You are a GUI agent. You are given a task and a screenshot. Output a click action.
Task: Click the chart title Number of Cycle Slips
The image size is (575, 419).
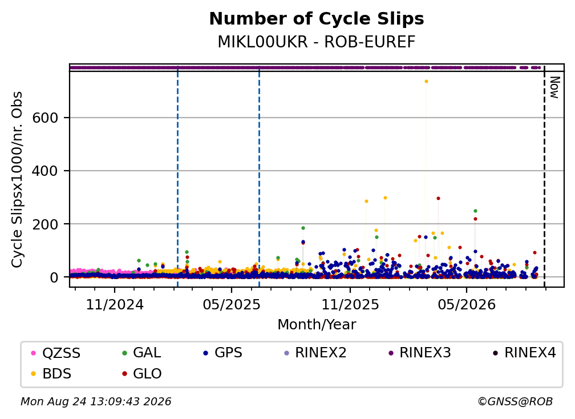click(x=317, y=19)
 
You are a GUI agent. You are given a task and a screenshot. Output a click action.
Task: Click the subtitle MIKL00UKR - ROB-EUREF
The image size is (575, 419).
click(x=317, y=42)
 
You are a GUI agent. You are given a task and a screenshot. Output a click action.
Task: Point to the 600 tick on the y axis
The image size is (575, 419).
click(x=45, y=118)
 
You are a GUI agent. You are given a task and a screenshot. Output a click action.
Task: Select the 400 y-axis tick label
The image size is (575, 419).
click(x=45, y=171)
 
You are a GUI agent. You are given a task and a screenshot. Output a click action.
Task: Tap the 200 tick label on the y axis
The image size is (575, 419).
click(x=45, y=224)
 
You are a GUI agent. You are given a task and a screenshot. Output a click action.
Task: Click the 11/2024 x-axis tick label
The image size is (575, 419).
click(x=115, y=304)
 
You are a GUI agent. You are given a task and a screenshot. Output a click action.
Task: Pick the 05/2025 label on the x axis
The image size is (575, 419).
click(x=232, y=304)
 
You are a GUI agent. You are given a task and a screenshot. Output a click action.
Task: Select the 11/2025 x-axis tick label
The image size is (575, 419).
click(x=350, y=304)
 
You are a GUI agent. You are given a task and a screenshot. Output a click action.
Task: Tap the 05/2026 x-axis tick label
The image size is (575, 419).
click(x=467, y=304)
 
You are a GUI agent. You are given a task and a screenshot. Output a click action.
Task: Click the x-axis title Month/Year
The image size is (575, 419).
click(x=317, y=324)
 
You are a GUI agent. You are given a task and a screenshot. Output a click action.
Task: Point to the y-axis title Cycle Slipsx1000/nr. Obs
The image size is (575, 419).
click(x=17, y=179)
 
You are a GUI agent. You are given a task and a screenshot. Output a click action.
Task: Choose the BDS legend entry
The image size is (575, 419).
click(x=51, y=373)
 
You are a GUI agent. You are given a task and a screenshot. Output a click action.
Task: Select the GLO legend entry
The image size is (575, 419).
click(x=142, y=373)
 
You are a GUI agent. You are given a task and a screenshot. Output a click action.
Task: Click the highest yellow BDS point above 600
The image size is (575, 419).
click(x=426, y=82)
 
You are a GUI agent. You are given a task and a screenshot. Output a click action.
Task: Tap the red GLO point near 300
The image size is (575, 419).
click(x=438, y=199)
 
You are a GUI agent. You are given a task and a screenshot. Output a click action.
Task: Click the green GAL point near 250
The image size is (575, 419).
click(x=475, y=211)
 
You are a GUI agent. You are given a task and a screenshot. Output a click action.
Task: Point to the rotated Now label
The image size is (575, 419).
click(x=554, y=87)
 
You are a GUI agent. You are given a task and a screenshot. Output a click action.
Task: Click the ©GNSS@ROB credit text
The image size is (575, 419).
click(x=515, y=401)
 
